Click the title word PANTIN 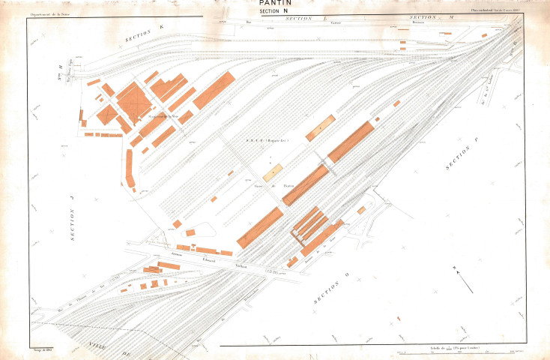coord(274,4)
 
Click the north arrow coord(464,283)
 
